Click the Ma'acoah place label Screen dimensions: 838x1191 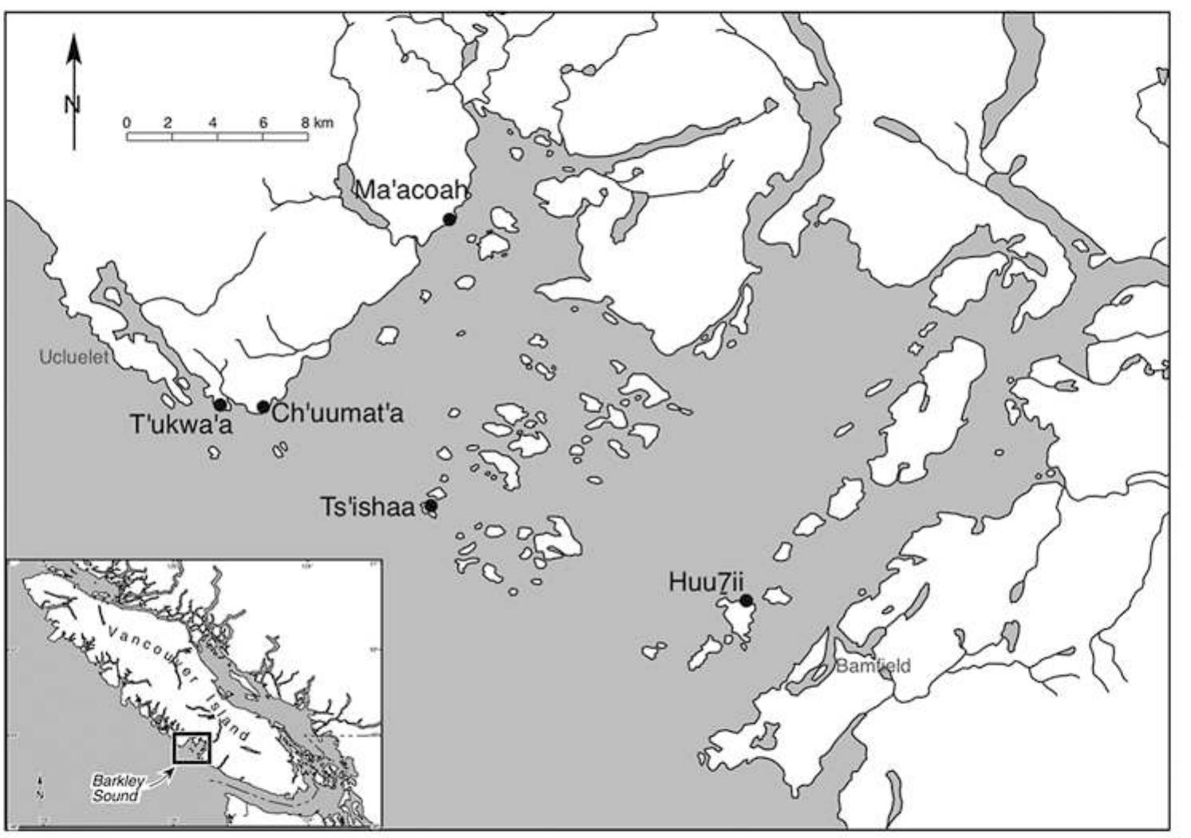pyautogui.click(x=408, y=191)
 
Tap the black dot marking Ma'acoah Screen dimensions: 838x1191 pyautogui.click(x=449, y=219)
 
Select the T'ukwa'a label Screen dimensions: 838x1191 pyautogui.click(x=181, y=425)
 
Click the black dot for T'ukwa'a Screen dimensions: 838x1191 pyautogui.click(x=219, y=405)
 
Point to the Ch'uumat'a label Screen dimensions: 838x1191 pyautogui.click(x=337, y=413)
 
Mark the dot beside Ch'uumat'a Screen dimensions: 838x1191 pyautogui.click(x=262, y=407)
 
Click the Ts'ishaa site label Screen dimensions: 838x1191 pyautogui.click(x=368, y=507)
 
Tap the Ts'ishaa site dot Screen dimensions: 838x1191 pyautogui.click(x=431, y=505)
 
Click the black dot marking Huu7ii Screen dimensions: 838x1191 pyautogui.click(x=746, y=600)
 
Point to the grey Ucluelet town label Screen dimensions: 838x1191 pyautogui.click(x=73, y=358)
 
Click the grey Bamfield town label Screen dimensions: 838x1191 pyautogui.click(x=873, y=666)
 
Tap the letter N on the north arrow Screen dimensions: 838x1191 pyautogui.click(x=73, y=104)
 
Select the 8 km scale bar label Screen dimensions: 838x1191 pyautogui.click(x=317, y=123)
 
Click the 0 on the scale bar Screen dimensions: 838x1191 pyautogui.click(x=127, y=123)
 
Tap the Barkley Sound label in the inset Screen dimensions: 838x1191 pyautogui.click(x=115, y=789)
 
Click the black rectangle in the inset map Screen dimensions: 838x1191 pyautogui.click(x=191, y=748)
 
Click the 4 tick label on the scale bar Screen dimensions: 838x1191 pyautogui.click(x=213, y=123)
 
